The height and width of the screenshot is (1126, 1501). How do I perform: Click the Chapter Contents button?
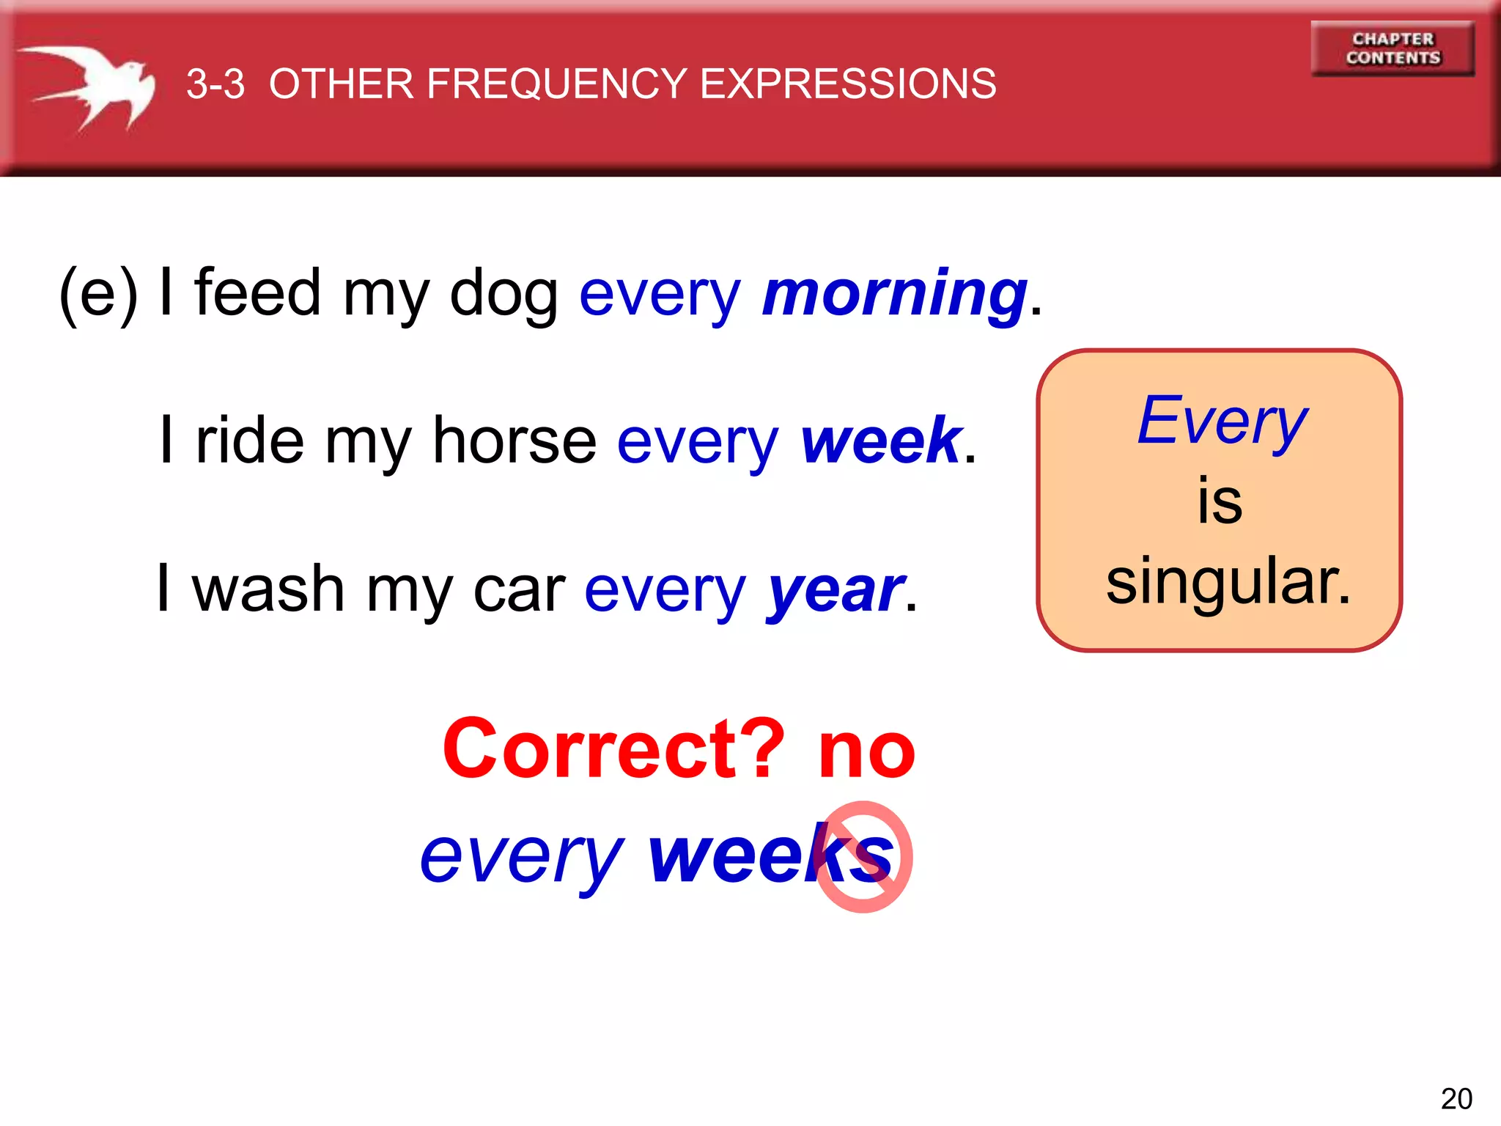[x=1393, y=48]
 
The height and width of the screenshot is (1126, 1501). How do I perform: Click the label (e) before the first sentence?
[x=98, y=293]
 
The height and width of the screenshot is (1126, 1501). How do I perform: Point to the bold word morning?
[x=894, y=293]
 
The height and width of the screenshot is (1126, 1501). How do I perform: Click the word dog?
[x=504, y=293]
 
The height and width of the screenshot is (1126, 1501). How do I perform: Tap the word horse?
[x=515, y=441]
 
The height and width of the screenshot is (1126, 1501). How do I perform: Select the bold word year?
[x=836, y=590]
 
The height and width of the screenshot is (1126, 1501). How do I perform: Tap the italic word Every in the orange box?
[x=1222, y=421]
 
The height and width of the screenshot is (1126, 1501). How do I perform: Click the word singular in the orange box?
[x=1228, y=581]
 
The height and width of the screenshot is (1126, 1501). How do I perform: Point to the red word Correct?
[x=614, y=749]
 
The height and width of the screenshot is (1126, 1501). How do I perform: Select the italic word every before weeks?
[x=522, y=858]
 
